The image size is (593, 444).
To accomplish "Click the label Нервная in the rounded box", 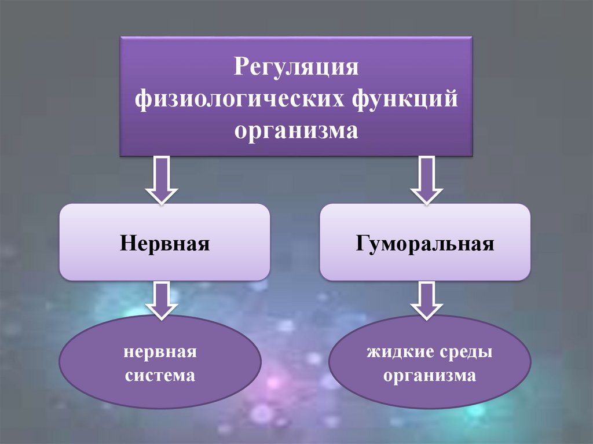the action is click(x=164, y=243).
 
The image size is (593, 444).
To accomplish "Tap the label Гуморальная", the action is click(x=425, y=243).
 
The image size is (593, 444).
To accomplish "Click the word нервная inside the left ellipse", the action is click(x=160, y=351).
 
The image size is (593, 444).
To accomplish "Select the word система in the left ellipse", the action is click(x=160, y=375).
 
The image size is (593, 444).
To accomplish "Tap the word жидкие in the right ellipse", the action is click(x=395, y=351).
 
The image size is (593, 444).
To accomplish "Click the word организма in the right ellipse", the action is click(x=429, y=375).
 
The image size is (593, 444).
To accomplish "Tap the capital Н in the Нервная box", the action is click(x=126, y=243).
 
